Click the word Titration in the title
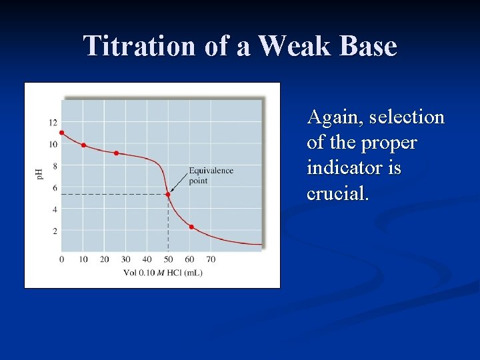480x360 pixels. tap(139, 45)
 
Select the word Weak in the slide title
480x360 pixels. tap(294, 45)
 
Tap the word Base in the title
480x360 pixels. tap(367, 45)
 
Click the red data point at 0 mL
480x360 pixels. tap(62, 133)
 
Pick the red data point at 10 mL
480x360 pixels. tap(83, 145)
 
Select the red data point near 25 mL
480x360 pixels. tap(116, 153)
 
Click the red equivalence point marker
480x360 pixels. tap(168, 195)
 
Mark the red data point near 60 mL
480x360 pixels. tap(191, 227)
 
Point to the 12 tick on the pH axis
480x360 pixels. tap(53, 123)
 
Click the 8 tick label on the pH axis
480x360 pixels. tap(55, 166)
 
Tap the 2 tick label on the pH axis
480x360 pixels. tap(55, 231)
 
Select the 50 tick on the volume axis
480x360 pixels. tap(168, 259)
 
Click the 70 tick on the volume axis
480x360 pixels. tap(211, 259)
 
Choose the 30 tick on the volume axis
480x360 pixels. tap(126, 259)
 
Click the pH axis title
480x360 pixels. tap(39, 175)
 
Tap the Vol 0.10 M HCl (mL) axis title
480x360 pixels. tap(163, 273)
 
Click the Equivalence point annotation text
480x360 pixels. tap(211, 175)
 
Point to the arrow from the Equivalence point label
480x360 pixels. tap(179, 183)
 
